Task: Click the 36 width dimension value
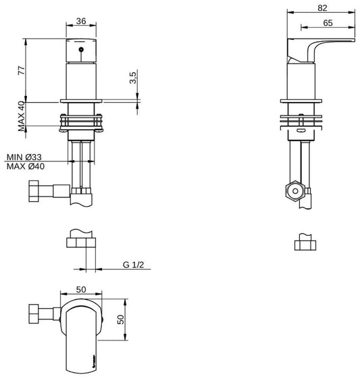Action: coord(80,20)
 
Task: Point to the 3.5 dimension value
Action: coord(133,78)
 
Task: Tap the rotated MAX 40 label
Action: coord(21,116)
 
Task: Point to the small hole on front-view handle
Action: coord(80,51)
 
